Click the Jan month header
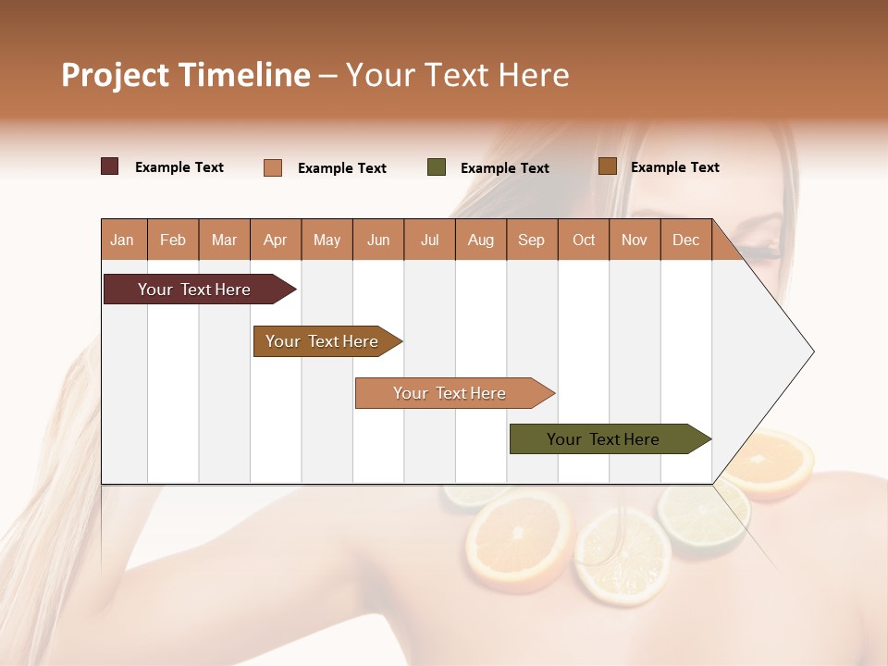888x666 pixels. coord(122,240)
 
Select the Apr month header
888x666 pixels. coord(275,240)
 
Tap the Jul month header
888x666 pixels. coord(429,240)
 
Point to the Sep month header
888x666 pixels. coord(531,240)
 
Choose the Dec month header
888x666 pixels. coord(685,240)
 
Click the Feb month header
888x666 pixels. coord(173,240)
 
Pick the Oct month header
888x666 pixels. coord(584,240)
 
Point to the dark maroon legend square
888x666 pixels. coord(110,166)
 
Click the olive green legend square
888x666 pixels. coord(437,167)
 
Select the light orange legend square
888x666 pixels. coord(273,167)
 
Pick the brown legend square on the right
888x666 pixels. coord(607,166)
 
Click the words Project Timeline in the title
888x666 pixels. coord(185,75)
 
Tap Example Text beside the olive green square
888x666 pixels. coord(504,168)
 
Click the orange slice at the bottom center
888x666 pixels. coord(520,538)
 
